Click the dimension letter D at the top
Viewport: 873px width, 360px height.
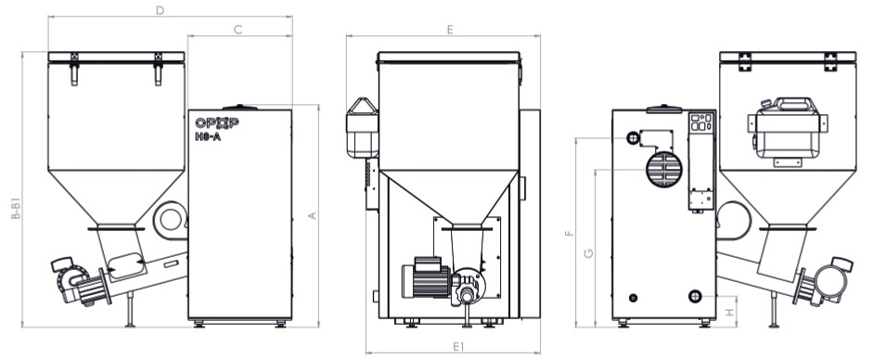click(x=160, y=10)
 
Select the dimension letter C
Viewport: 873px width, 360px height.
click(x=238, y=30)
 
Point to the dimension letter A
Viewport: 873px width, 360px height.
click(x=313, y=215)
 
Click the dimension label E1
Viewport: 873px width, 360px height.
click(x=458, y=347)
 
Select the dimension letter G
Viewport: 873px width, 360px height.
click(x=588, y=253)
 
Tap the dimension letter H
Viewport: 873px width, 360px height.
click(x=730, y=314)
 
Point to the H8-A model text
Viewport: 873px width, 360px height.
click(x=208, y=136)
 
